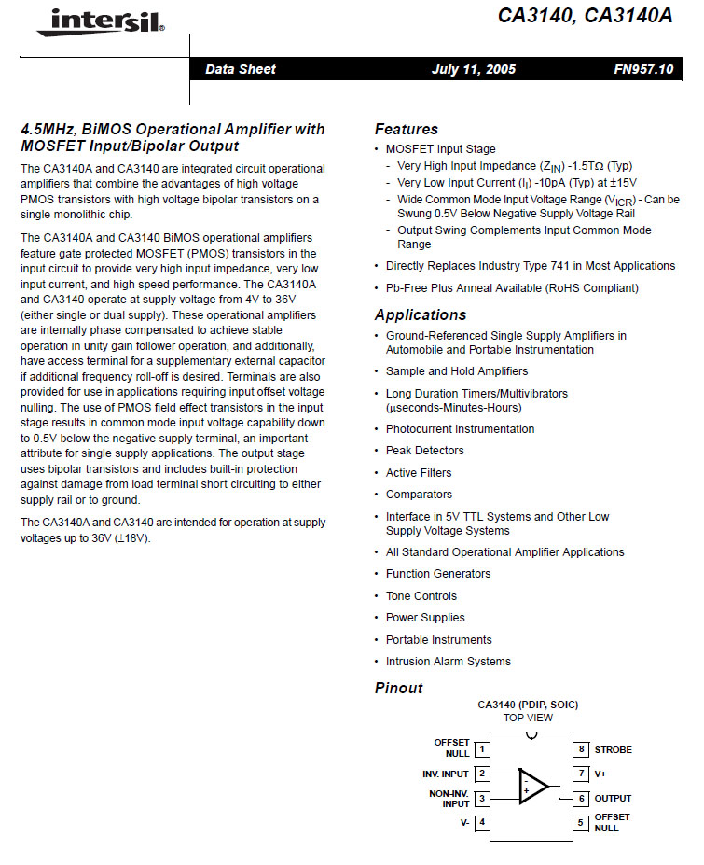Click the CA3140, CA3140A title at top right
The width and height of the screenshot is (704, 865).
click(585, 16)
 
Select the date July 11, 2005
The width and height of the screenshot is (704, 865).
click(474, 69)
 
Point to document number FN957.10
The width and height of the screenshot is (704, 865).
click(642, 69)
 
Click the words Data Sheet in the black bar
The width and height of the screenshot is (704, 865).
click(241, 69)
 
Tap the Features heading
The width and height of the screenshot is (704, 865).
click(407, 130)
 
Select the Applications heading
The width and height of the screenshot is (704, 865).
click(421, 315)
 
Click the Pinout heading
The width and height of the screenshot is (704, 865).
click(399, 689)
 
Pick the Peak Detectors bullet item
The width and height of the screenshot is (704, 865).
click(424, 451)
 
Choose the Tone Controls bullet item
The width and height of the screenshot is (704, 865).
click(421, 596)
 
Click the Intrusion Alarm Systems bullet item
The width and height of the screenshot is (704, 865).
click(448, 662)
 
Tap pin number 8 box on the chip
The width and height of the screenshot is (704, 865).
click(581, 749)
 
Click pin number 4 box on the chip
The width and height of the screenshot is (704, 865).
click(482, 822)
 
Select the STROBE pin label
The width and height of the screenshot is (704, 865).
click(613, 749)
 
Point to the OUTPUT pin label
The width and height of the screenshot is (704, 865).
click(613, 798)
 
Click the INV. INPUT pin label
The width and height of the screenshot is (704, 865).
click(446, 774)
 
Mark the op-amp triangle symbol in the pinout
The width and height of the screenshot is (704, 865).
click(532, 786)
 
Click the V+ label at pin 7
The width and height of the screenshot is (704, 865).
click(600, 774)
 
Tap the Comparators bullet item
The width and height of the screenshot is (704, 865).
click(419, 495)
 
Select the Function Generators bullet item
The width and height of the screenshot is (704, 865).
click(437, 574)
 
